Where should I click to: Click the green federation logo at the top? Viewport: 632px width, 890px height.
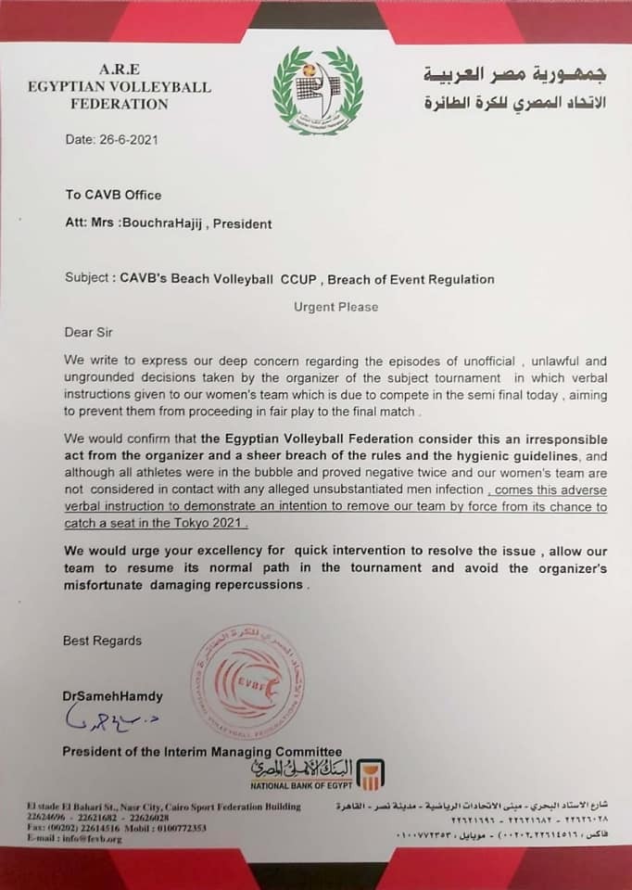coord(318,90)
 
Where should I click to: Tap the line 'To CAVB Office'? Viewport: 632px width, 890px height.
coord(112,195)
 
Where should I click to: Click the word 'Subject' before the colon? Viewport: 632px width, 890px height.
coord(88,279)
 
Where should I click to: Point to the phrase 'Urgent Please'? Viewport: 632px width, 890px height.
coord(335,307)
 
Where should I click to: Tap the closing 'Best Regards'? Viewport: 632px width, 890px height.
coord(102,641)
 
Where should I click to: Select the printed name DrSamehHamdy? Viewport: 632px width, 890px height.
coord(113,695)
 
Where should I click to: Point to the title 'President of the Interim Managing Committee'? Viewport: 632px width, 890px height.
coord(202,751)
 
